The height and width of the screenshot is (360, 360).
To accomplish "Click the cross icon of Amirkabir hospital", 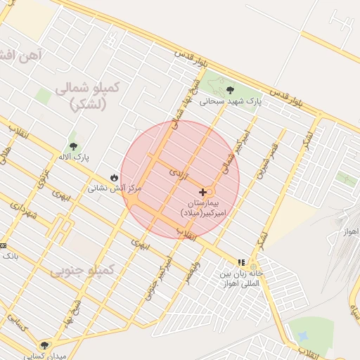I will pyautogui.click(x=203, y=192).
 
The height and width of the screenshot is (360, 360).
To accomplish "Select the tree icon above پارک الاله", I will pyautogui.click(x=74, y=147).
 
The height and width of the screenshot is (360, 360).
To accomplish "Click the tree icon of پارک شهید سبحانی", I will pyautogui.click(x=231, y=89).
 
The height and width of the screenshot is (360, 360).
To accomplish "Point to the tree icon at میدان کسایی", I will pyautogui.click(x=46, y=345).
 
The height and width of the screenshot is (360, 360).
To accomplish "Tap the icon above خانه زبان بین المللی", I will pyautogui.click(x=242, y=262).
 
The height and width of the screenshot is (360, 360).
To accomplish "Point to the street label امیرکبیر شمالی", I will pyautogui.click(x=236, y=148).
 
